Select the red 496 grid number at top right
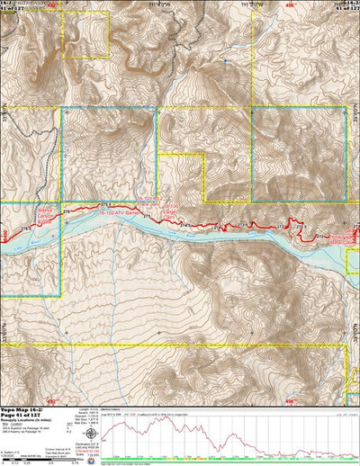tap(291, 4)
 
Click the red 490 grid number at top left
tap(51, 4)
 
